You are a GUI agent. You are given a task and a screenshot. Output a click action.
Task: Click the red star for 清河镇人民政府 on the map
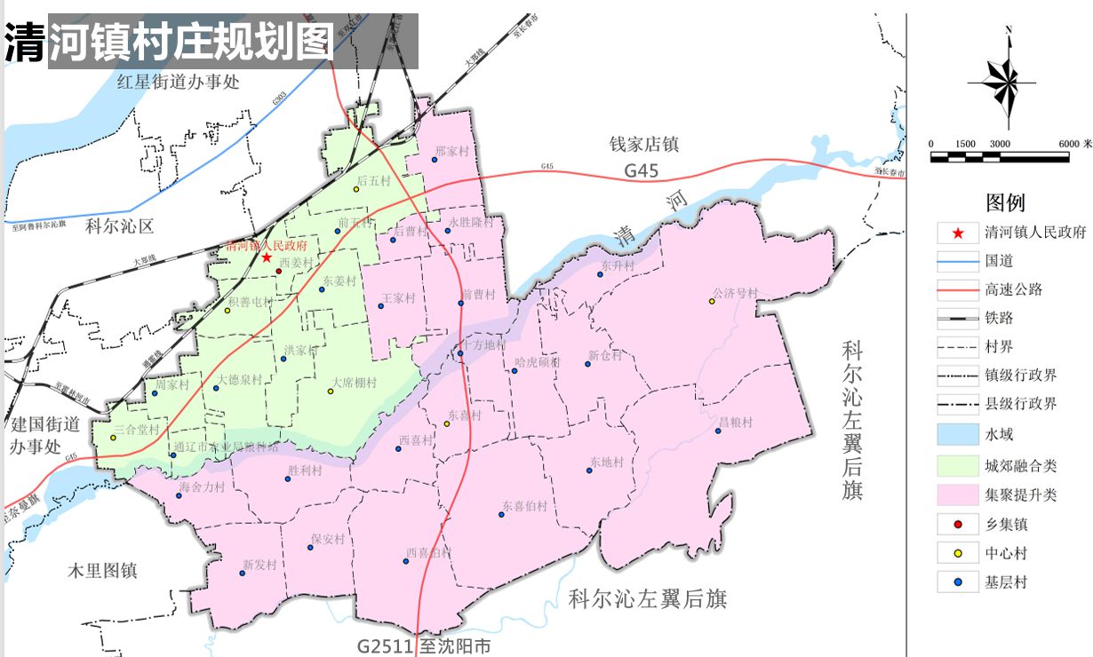[267, 257]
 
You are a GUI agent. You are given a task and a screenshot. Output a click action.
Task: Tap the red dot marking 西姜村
[278, 272]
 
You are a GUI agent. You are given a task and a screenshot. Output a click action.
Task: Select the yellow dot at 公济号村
[712, 302]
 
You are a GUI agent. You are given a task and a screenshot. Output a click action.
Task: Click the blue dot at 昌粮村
[718, 431]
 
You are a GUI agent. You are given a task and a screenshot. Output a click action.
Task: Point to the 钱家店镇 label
[643, 143]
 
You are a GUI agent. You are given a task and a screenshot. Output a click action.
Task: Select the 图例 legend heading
[1005, 203]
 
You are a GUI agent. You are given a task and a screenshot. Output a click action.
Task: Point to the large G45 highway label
[641, 170]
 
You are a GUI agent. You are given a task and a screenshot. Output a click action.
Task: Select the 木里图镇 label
[103, 571]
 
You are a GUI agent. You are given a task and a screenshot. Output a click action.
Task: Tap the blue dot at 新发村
[242, 574]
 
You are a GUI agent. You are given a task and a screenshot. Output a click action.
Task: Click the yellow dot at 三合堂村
[113, 438]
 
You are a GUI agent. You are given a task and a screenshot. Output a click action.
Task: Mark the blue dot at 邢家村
[435, 160]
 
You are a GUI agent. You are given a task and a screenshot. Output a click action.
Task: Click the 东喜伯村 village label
[524, 506]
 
